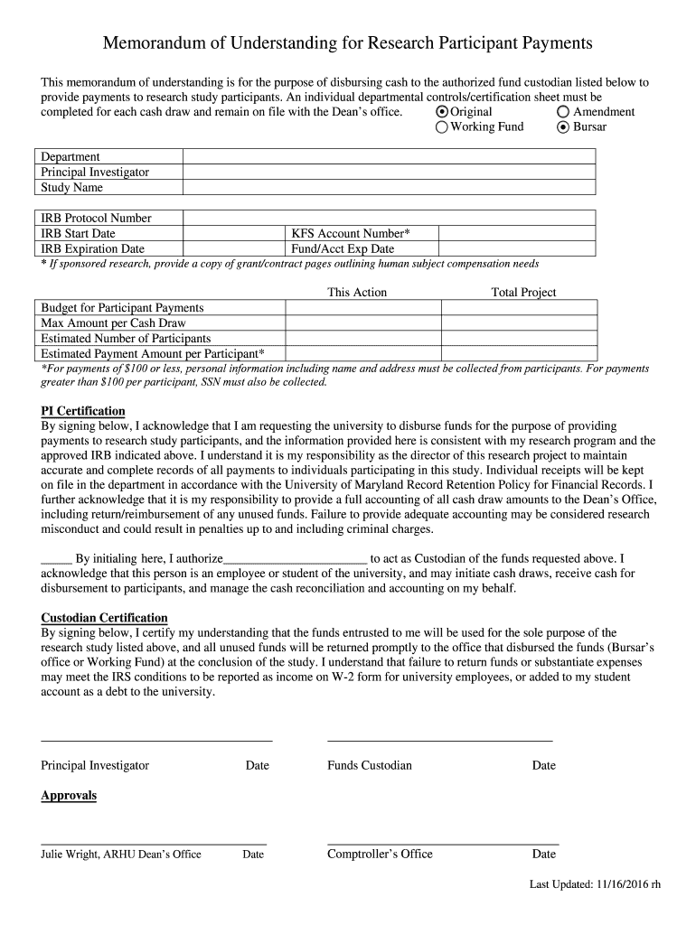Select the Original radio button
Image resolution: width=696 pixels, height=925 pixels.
(x=442, y=112)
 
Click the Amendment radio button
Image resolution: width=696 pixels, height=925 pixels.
(x=563, y=112)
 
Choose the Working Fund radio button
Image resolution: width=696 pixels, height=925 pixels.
(x=442, y=127)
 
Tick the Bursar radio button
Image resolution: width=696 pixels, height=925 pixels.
(x=563, y=127)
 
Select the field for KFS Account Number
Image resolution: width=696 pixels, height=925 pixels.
(x=516, y=233)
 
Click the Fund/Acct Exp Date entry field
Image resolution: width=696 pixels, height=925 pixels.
(x=516, y=248)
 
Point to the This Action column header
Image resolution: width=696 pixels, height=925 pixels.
(x=357, y=293)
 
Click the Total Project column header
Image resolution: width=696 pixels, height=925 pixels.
(x=523, y=293)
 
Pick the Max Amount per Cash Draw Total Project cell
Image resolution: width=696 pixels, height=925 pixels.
(x=518, y=323)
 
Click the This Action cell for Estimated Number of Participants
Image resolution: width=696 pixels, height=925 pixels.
(x=362, y=339)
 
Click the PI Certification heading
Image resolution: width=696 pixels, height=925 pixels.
(x=83, y=411)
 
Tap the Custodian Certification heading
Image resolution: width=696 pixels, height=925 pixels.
(x=104, y=619)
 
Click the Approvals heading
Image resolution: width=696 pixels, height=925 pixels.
(x=69, y=796)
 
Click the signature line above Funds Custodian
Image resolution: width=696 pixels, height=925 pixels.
(x=439, y=740)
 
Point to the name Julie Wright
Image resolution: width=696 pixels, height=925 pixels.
(x=71, y=855)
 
